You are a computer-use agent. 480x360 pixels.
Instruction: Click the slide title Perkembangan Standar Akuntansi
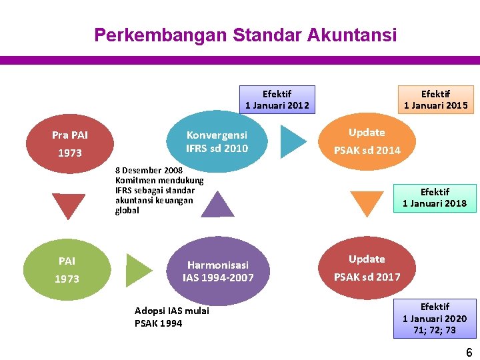click(245, 35)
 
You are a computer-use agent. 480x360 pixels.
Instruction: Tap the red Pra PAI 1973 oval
click(70, 144)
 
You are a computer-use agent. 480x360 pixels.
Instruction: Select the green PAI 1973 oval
click(67, 269)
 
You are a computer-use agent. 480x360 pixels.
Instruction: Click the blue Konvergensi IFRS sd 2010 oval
click(217, 141)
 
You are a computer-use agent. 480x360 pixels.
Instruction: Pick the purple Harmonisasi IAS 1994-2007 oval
click(218, 271)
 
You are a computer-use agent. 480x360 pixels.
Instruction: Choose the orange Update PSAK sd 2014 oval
click(367, 141)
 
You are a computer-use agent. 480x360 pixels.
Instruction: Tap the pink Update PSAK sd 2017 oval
click(367, 268)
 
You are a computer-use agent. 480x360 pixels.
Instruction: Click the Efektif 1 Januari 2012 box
click(277, 100)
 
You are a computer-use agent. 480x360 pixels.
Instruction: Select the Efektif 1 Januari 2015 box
click(435, 100)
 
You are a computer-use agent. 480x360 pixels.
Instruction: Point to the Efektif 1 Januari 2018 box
click(435, 198)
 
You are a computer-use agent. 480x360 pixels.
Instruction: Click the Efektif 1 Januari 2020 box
click(435, 319)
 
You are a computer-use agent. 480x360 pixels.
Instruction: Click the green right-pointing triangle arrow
click(138, 270)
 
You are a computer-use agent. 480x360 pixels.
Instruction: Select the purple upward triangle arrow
click(217, 204)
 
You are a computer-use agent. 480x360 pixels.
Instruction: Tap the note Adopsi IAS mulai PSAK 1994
click(172, 317)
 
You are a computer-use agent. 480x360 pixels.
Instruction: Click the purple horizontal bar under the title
click(240, 60)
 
